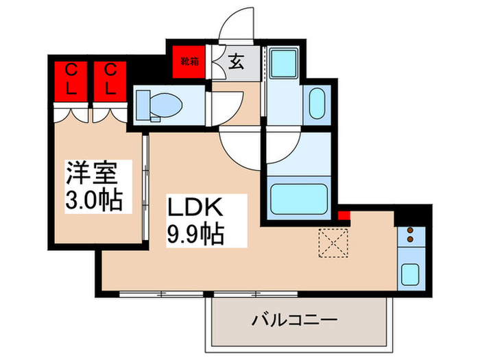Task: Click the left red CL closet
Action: coord(71,80)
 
